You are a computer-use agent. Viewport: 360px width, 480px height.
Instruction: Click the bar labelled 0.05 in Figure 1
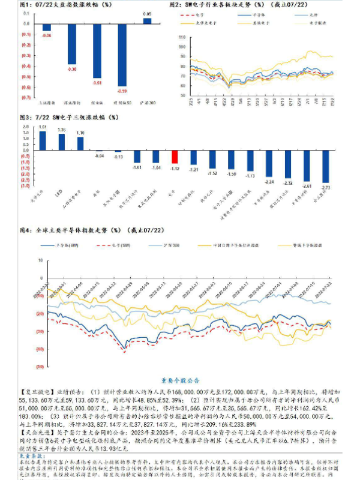(147, 20)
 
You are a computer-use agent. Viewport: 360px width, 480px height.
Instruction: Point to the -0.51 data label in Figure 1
(97, 82)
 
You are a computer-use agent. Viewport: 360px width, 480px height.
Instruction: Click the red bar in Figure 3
(175, 157)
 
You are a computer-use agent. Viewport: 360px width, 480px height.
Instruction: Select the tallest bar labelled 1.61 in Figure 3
(43, 140)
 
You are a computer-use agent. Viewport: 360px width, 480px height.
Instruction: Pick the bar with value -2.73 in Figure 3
(325, 166)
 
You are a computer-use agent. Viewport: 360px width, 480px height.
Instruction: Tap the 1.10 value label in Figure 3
(80, 133)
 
